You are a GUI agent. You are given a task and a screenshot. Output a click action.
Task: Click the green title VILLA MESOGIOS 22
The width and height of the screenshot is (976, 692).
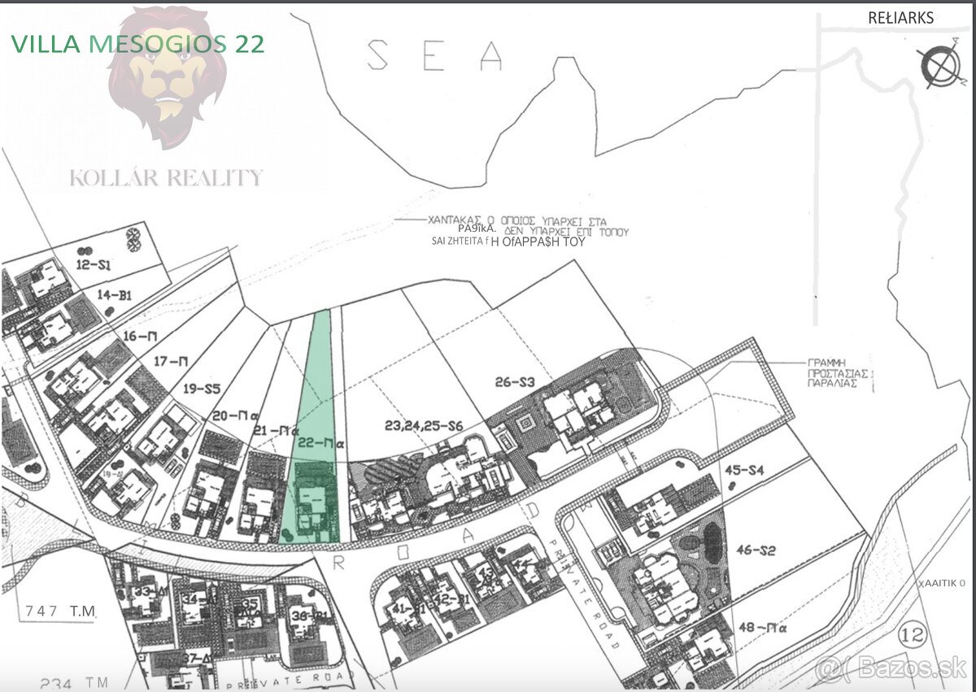(137, 44)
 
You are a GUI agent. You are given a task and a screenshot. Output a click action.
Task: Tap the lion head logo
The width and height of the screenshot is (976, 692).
(168, 77)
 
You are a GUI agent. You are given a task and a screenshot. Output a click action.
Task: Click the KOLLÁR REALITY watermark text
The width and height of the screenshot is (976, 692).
(167, 178)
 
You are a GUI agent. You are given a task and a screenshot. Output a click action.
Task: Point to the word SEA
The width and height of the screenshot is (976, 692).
(435, 54)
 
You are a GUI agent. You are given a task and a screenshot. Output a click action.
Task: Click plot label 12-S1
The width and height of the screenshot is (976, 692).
(94, 264)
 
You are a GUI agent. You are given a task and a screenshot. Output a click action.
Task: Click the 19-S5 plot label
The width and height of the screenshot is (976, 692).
(202, 389)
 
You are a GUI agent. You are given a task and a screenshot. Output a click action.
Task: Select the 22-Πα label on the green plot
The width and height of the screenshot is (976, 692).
(312, 443)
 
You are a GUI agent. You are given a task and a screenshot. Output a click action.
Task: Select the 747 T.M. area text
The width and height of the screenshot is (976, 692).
(60, 610)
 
